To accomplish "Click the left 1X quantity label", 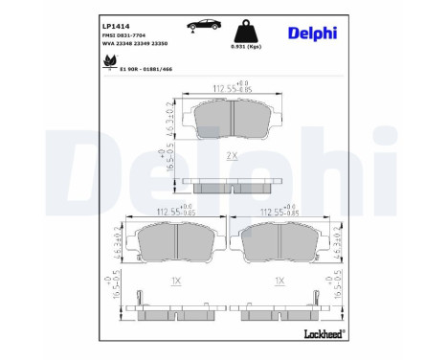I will click(174, 281).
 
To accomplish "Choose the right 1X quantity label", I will click(279, 281).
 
